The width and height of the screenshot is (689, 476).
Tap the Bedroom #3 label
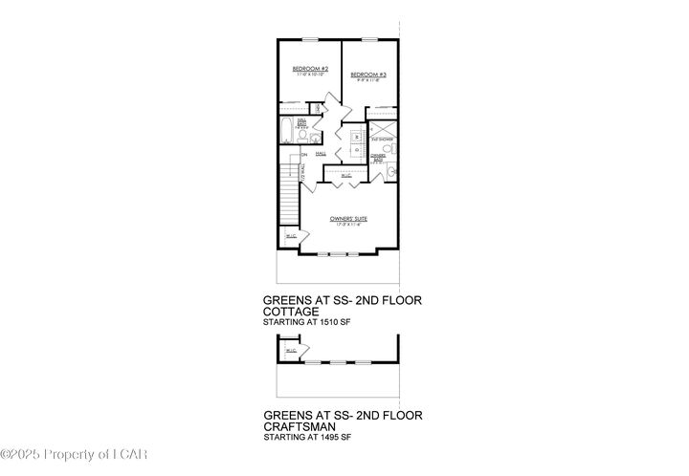pyautogui.click(x=367, y=76)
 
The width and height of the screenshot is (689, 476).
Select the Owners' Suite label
pyautogui.click(x=348, y=219)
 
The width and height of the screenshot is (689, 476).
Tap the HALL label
pyautogui.click(x=322, y=154)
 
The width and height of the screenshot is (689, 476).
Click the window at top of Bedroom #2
pyautogui.click(x=310, y=39)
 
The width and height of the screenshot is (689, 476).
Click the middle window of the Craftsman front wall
pyautogui.click(x=338, y=363)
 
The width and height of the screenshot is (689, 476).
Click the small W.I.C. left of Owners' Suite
pyautogui.click(x=288, y=236)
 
